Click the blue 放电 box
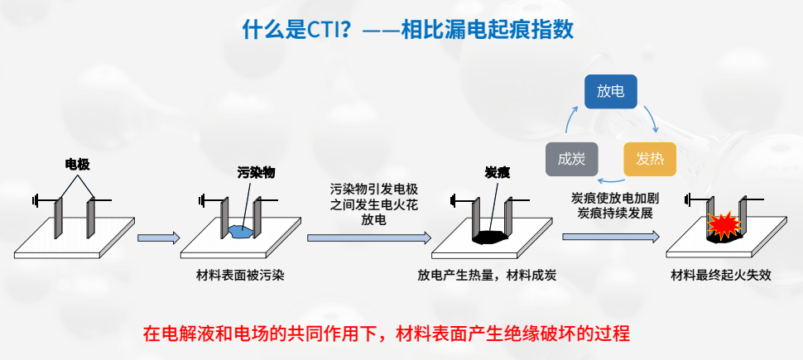coord(611,92)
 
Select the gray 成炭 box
coord(572,159)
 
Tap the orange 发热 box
coord(650,159)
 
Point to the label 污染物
coord(256,172)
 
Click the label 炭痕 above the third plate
coord(497,172)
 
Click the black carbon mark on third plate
coord(492,236)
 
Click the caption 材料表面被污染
coord(229,276)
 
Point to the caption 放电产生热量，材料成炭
coord(487,276)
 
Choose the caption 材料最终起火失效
coord(721,276)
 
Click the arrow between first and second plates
coord(159,238)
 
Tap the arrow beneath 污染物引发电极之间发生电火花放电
coord(369,238)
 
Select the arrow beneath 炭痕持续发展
coord(611,237)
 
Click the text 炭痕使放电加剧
coord(612,199)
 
